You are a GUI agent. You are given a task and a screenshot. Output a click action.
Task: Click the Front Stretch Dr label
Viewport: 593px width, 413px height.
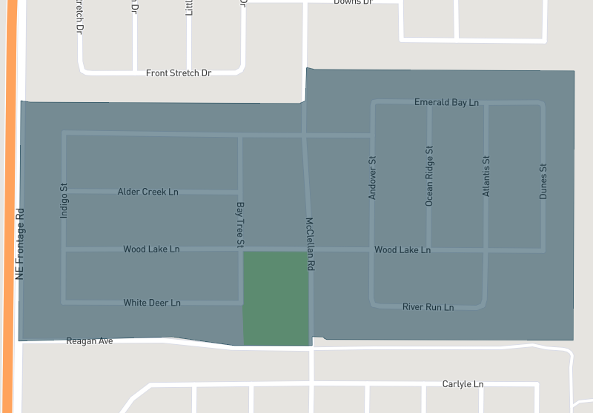(179, 73)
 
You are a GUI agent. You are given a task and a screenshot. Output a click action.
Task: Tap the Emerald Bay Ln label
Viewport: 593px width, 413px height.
(446, 102)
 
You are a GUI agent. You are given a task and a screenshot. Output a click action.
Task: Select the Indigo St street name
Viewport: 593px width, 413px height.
(64, 201)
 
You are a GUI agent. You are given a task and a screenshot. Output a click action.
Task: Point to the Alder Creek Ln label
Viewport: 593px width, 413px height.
(148, 192)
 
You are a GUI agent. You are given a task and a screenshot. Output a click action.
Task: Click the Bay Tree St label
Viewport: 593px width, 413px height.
(240, 224)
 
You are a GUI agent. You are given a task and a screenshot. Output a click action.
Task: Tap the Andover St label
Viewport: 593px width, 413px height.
(373, 178)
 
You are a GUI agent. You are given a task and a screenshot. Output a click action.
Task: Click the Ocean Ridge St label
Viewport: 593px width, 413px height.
(429, 175)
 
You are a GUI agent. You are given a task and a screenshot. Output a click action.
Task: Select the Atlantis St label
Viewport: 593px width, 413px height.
(486, 175)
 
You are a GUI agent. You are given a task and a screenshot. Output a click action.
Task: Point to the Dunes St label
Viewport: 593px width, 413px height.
(543, 181)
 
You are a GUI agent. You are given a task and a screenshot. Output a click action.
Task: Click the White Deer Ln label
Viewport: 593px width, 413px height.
(152, 303)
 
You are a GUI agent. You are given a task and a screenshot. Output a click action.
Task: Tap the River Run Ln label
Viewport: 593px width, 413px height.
(428, 306)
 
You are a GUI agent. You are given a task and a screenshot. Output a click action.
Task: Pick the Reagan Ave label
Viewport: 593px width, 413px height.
(90, 341)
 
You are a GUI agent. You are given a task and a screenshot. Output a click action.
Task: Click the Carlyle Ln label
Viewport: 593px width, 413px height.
(463, 384)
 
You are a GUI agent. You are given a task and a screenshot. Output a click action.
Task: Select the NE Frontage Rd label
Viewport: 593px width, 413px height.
(20, 242)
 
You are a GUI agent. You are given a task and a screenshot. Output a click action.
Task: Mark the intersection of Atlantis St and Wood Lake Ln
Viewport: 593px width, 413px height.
(486, 250)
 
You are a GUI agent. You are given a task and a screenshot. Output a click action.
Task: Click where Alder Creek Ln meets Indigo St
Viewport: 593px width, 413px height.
(64, 191)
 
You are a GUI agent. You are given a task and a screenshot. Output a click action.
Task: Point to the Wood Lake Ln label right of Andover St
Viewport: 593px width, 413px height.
(402, 250)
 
